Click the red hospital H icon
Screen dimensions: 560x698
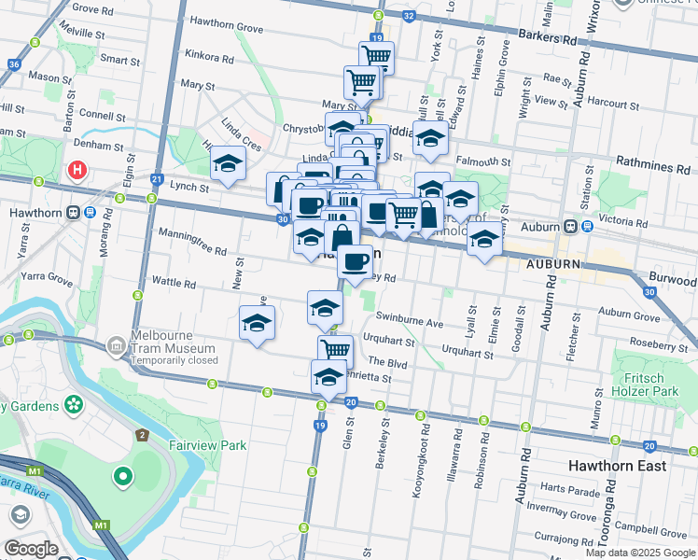click(x=78, y=171)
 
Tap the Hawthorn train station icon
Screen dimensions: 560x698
click(x=90, y=212)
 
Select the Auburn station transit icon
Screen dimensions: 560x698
click(x=567, y=227)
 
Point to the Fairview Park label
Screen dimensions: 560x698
click(x=207, y=445)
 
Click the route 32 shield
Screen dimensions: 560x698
click(x=408, y=16)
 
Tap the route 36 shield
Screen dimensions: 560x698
click(x=13, y=63)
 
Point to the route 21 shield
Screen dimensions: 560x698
click(x=157, y=179)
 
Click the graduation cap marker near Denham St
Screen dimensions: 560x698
click(x=228, y=163)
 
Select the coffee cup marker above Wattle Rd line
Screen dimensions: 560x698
click(x=355, y=262)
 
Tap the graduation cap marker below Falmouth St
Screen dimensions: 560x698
click(x=430, y=138)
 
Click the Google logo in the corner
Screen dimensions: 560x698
click(x=31, y=549)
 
